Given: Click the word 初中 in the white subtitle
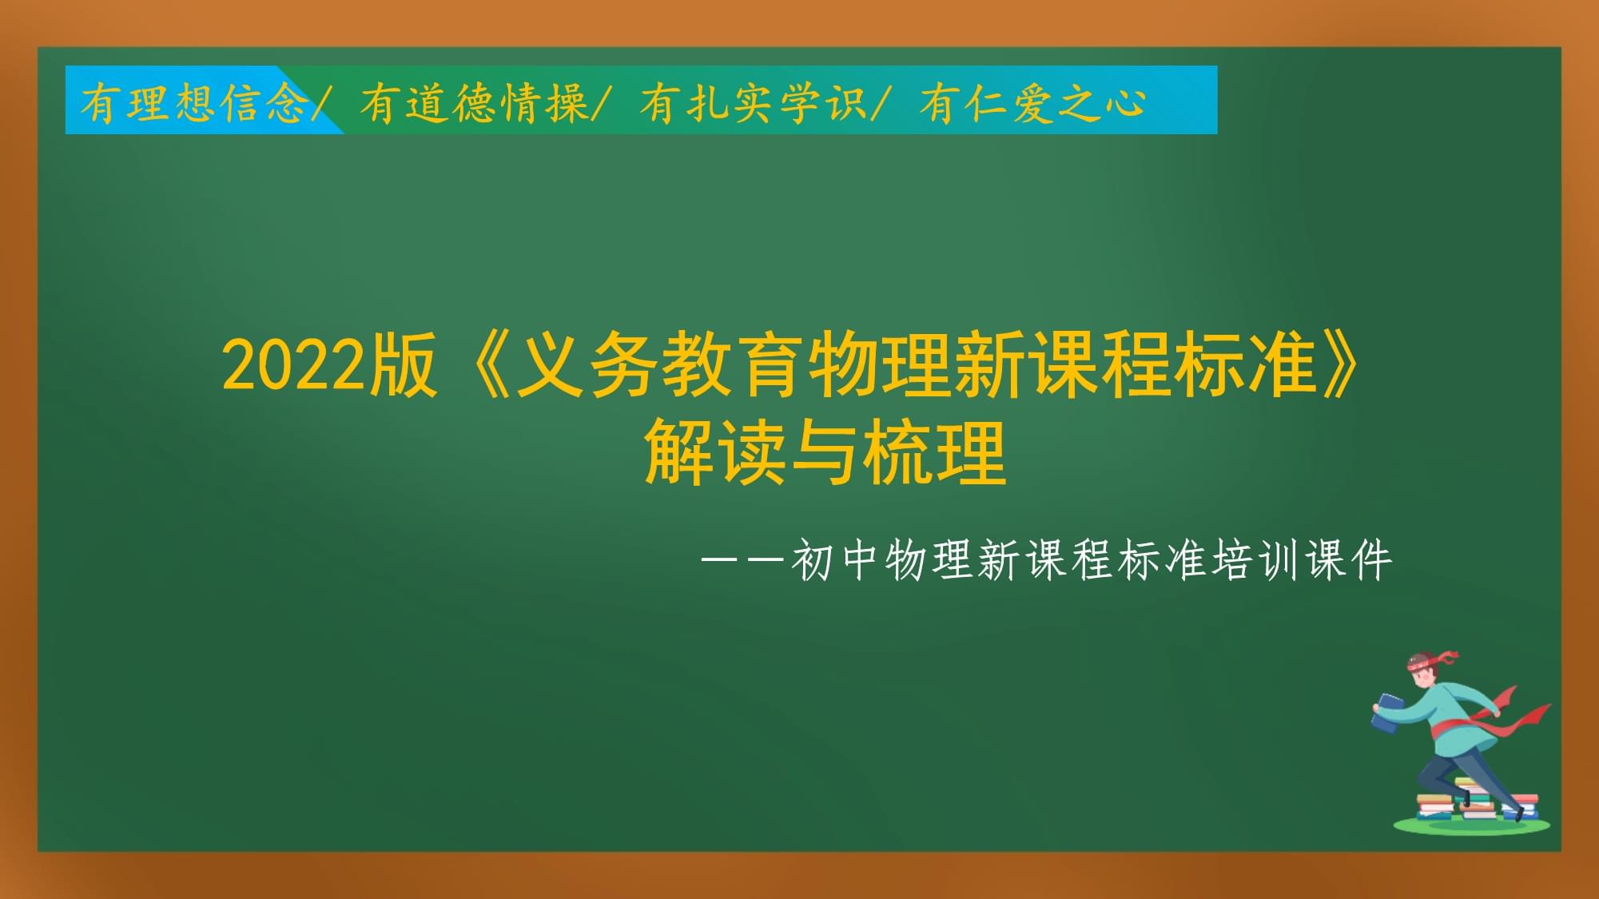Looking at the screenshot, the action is tap(835, 560).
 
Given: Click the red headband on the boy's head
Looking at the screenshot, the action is tap(1430, 660).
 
